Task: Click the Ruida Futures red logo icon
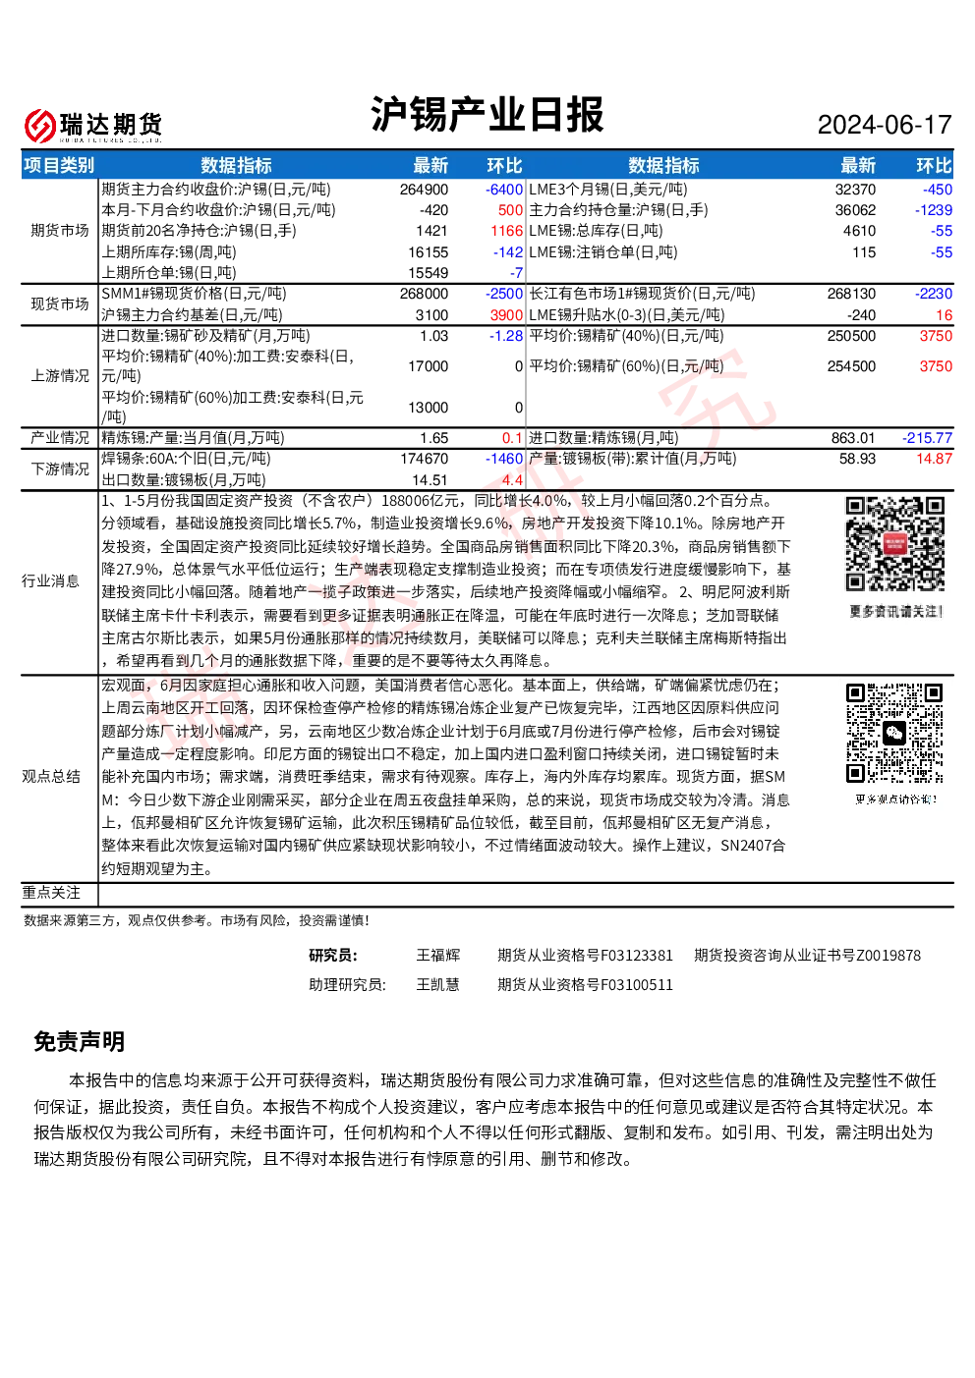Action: (40, 126)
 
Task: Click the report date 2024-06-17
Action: (884, 125)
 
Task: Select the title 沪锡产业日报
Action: (487, 115)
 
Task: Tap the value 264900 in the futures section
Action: (424, 190)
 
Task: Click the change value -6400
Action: (503, 190)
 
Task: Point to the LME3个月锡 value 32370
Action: (855, 190)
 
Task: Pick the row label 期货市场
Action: (60, 231)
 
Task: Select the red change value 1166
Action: (506, 231)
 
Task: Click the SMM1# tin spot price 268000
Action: (424, 294)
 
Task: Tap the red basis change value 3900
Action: (506, 315)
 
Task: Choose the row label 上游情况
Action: (60, 376)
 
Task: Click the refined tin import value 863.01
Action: (852, 438)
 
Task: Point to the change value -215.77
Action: (927, 438)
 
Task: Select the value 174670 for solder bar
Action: (424, 459)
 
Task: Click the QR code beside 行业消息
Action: (895, 544)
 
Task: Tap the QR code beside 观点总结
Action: (894, 733)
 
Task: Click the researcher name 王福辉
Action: (437, 956)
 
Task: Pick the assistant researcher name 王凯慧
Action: (437, 985)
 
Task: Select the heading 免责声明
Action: (80, 1042)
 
